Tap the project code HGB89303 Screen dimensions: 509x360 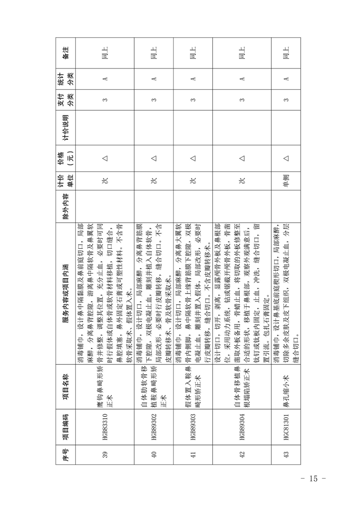pos(192,418)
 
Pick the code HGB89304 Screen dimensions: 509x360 pos(242,418)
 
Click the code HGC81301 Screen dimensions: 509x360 pos(286,418)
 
